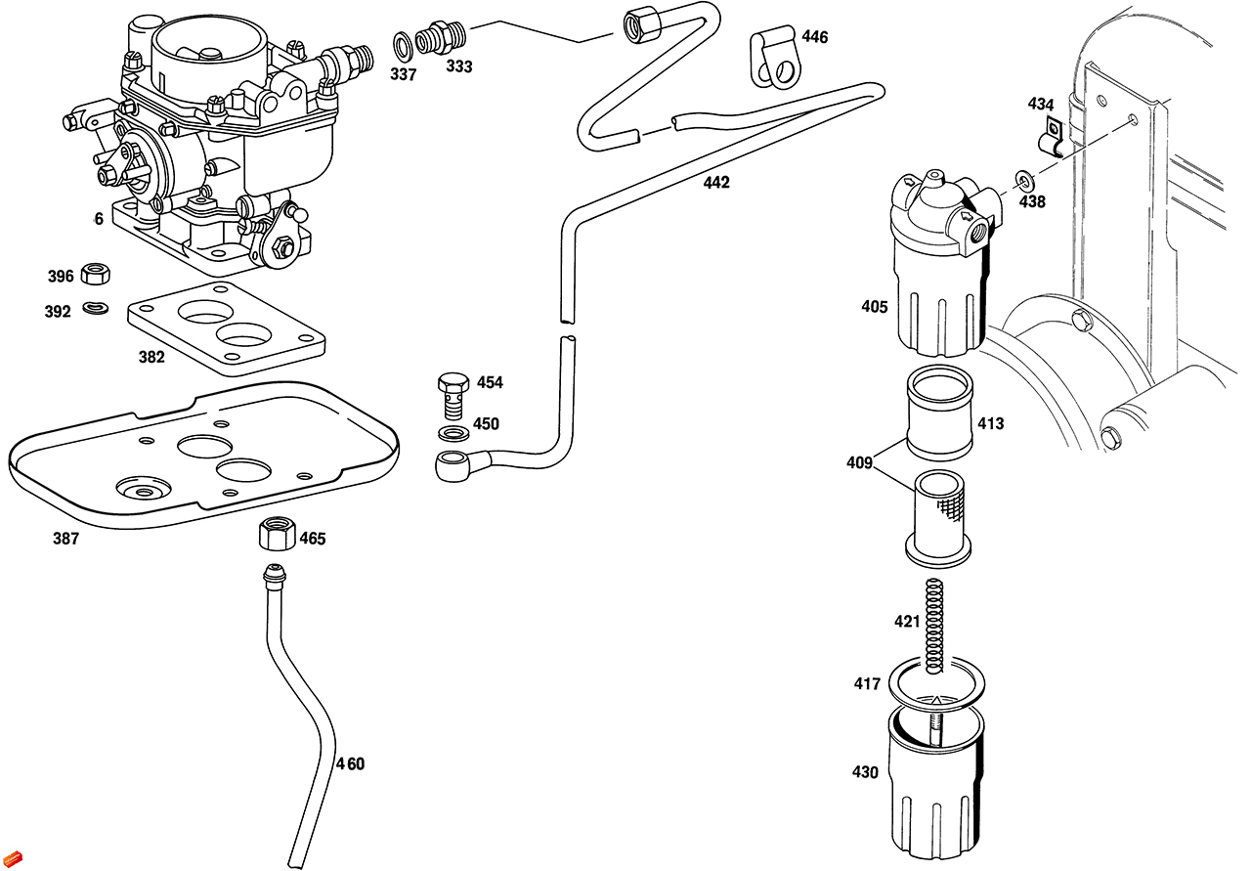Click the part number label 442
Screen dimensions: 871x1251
(x=715, y=183)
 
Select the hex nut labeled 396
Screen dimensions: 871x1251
(x=95, y=274)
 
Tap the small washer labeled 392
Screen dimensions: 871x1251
(x=95, y=308)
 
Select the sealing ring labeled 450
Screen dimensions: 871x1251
(x=451, y=432)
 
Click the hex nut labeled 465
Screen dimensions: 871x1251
(x=277, y=535)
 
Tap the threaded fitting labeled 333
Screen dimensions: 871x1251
(x=438, y=40)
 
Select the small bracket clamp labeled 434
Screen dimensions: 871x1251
(x=1052, y=137)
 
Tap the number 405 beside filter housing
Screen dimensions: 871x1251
(x=874, y=307)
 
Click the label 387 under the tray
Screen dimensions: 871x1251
(x=66, y=539)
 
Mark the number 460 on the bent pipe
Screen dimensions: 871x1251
(x=350, y=763)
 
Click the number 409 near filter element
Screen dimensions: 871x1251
(x=859, y=462)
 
